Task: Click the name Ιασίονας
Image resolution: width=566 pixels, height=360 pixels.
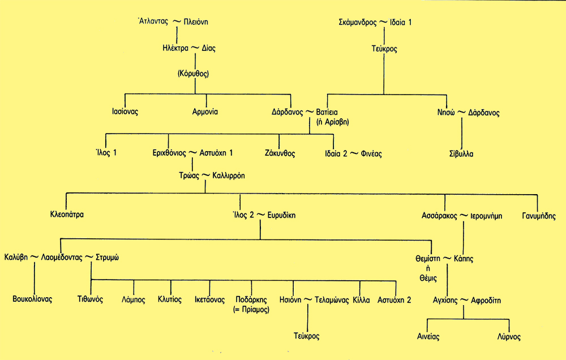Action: (x=125, y=112)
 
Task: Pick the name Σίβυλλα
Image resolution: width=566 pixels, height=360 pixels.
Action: (x=462, y=153)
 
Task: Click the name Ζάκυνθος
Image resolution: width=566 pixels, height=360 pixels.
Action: (x=280, y=153)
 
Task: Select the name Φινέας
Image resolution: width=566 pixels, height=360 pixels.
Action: (x=370, y=153)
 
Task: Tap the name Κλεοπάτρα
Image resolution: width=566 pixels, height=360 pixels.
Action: (x=67, y=216)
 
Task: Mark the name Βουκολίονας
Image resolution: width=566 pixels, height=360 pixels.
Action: (x=33, y=299)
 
